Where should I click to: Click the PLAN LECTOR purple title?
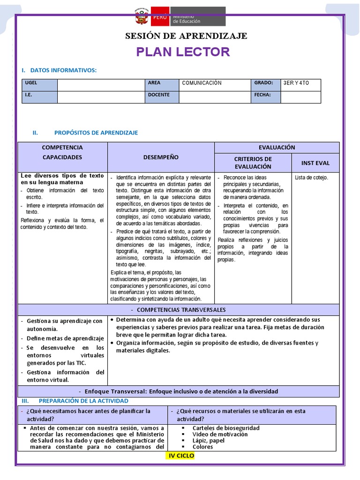(183, 52)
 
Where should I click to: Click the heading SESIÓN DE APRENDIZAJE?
(186, 36)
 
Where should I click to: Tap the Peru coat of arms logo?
(140, 17)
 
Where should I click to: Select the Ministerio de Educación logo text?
(186, 19)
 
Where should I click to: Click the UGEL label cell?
(40, 85)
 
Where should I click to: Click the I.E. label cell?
(40, 97)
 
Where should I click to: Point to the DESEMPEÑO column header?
(161, 157)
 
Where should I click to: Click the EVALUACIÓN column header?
(277, 147)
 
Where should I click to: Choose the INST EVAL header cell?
(315, 163)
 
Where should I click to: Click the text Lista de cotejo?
(312, 178)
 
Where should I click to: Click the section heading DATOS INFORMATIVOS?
(63, 70)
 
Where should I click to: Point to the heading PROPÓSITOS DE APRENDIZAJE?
(96, 133)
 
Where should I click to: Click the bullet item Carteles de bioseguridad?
(226, 428)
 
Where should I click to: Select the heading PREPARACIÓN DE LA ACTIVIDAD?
(83, 401)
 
